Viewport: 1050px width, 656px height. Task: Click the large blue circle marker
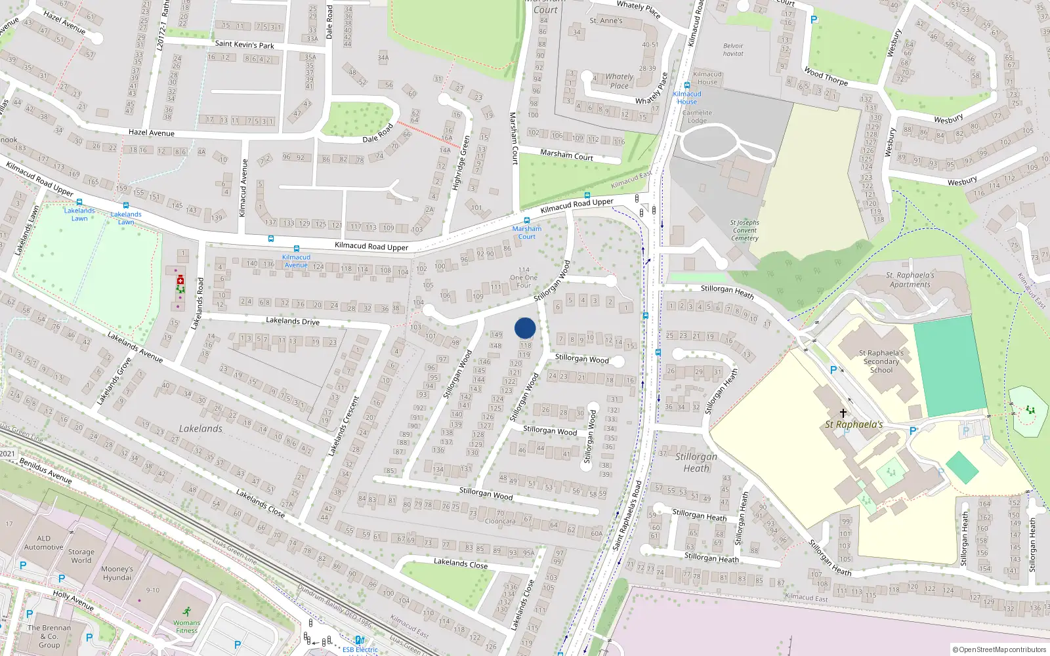[x=525, y=328]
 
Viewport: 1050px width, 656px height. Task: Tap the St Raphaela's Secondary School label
[x=881, y=361]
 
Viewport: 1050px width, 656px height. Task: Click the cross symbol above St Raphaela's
[x=843, y=413]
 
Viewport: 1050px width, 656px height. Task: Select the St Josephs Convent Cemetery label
[x=744, y=230]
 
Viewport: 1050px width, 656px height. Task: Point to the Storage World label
[x=81, y=556]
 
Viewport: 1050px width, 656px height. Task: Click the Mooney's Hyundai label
[x=117, y=573]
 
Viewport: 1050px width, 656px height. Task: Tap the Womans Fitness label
[x=186, y=626]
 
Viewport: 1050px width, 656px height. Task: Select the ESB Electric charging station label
[x=360, y=649]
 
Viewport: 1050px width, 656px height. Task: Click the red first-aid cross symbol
[x=180, y=280]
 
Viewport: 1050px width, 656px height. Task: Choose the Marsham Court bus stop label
[x=527, y=233]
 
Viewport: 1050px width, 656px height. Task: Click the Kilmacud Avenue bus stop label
[x=296, y=261]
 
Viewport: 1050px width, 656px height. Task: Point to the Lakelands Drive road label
[x=293, y=321]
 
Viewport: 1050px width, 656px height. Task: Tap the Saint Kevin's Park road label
[x=244, y=45]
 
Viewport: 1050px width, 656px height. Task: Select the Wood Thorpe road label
[x=826, y=77]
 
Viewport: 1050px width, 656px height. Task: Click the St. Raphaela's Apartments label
[x=910, y=280]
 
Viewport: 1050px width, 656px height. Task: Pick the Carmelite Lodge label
[x=697, y=117]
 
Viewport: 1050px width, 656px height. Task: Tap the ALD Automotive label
[x=44, y=543]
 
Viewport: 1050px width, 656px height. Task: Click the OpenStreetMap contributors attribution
[x=999, y=649]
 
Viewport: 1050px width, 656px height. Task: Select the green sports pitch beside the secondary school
[x=950, y=365]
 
